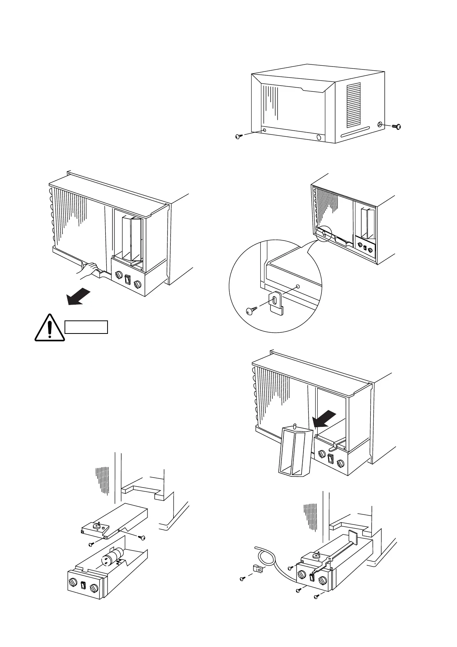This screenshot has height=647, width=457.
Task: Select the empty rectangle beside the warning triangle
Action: click(86, 327)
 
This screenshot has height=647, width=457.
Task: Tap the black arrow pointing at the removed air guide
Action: click(326, 419)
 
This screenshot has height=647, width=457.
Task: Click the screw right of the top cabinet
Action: click(397, 126)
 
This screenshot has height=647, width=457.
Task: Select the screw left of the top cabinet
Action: click(238, 136)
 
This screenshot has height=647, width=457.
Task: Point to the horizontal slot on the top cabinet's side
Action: click(355, 133)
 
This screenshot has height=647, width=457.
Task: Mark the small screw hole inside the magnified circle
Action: click(298, 287)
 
